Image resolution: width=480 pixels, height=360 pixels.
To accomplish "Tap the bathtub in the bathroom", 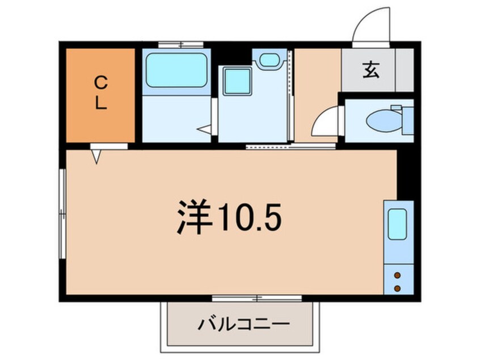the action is (176, 70).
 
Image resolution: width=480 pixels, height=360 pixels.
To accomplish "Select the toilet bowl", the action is (385, 121).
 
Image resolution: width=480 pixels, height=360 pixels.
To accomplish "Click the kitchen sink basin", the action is (397, 224).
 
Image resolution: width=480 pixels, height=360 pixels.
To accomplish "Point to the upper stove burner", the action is (397, 275).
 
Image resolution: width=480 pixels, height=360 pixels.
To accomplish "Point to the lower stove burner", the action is (397, 288).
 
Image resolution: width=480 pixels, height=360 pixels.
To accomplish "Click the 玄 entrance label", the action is (371, 70).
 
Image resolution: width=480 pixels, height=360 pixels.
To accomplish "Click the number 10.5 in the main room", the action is (250, 216).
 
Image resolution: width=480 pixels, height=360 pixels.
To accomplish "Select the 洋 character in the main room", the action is (195, 216).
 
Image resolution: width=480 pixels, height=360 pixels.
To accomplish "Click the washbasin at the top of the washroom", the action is (270, 60).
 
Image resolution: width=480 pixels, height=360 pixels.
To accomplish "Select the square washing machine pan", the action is (237, 81).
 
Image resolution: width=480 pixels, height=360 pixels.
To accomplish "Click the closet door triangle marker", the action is (96, 157).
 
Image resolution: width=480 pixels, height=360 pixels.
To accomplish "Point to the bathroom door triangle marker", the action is (204, 129).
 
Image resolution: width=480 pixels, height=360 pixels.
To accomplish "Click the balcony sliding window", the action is (257, 298).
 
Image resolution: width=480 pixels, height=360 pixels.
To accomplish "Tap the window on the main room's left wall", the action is (62, 214).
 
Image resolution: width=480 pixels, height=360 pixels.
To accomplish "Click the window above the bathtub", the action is (181, 45).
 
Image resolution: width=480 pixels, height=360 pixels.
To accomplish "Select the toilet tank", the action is (408, 120).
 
